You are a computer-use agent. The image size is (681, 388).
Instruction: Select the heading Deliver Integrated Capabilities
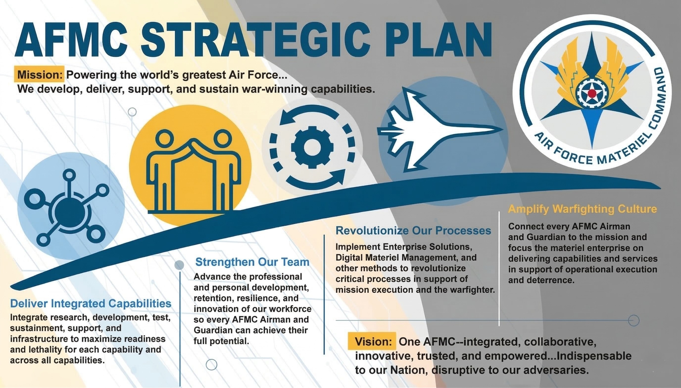(91, 304)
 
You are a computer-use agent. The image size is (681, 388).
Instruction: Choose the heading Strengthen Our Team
(252, 262)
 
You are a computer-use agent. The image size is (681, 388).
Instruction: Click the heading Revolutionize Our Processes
(413, 230)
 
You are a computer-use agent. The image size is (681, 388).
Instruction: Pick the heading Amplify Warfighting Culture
(582, 209)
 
